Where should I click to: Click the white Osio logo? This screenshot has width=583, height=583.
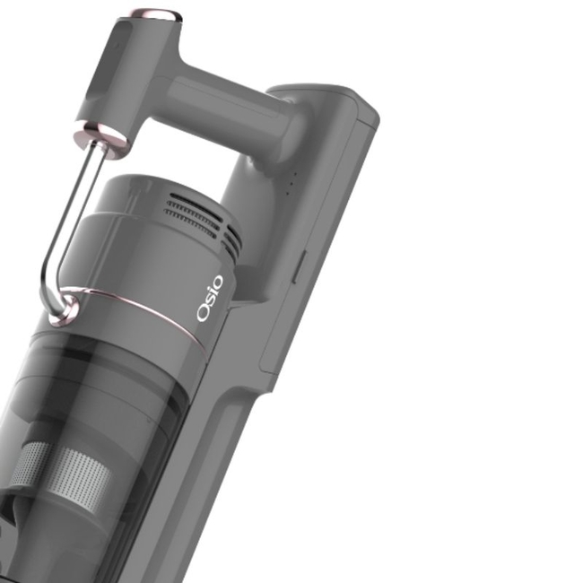tap(210, 298)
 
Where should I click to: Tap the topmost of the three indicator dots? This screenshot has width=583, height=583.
tap(296, 173)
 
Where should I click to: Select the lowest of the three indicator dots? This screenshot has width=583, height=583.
tap(287, 193)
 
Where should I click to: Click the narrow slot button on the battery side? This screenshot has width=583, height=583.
tap(300, 266)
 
